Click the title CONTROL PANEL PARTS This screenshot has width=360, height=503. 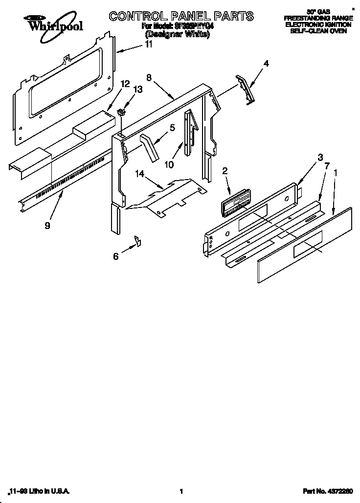click(181, 16)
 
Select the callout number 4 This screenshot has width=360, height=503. click(266, 63)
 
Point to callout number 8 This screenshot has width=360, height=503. click(149, 77)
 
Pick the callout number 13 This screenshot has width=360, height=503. click(138, 89)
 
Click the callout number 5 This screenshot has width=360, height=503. click(172, 128)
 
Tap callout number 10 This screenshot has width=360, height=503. click(169, 164)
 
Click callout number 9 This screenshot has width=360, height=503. click(47, 226)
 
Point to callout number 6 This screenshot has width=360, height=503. click(116, 256)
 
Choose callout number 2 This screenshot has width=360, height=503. click(225, 171)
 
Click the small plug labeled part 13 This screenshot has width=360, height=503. click(122, 114)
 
